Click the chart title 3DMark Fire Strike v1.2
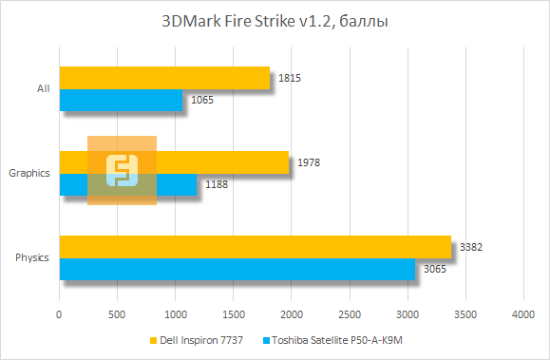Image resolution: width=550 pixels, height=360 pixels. coord(275,20)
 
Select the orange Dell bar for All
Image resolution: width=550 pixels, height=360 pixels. coord(164,77)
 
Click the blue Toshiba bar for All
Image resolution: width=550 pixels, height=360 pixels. coord(121,99)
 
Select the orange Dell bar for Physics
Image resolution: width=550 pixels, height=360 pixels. coord(255,247)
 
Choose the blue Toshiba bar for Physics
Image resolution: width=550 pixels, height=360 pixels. coord(237,269)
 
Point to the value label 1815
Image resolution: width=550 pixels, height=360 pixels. coord(290,78)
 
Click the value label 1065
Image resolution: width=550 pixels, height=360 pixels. coord(202,100)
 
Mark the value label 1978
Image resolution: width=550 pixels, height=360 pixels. coord(309,162)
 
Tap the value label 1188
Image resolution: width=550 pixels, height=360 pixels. coord(217,184)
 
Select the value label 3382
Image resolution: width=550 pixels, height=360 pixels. coord(471,247)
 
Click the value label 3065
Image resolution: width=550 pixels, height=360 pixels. coord(434,269)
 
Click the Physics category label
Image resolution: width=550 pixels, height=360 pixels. coord(33,258)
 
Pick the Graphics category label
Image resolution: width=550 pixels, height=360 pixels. coord(29,173)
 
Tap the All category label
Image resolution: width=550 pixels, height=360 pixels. coord(43,88)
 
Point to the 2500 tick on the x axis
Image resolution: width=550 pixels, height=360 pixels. coord(350,313)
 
